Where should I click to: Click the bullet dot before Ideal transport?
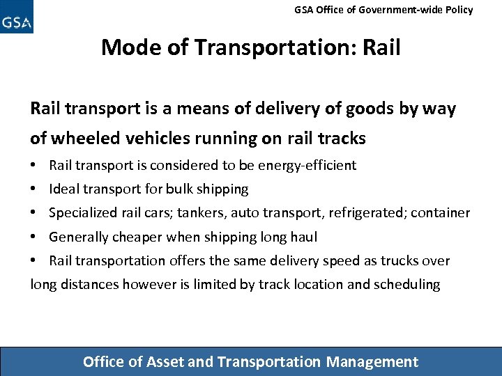[33, 189]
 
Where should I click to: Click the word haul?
[303, 237]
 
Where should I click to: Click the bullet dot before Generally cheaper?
[33, 237]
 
